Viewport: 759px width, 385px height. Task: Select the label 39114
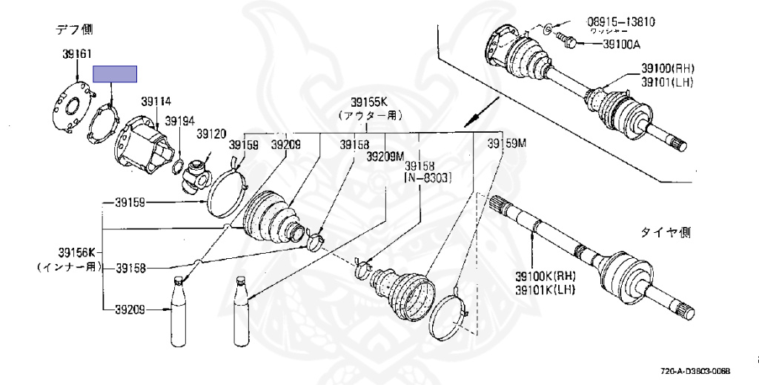156,102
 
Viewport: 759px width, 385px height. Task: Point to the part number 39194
179,120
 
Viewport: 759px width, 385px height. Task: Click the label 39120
211,134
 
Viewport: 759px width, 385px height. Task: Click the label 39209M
385,156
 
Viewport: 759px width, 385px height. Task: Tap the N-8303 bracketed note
426,178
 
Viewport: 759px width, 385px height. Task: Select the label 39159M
506,143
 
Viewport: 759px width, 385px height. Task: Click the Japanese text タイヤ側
666,233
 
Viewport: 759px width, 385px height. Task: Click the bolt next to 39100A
569,42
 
